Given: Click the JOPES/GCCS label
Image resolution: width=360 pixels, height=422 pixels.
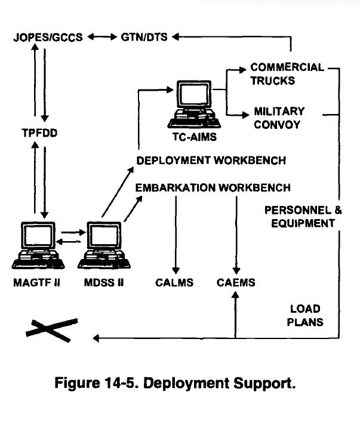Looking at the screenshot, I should (x=49, y=37).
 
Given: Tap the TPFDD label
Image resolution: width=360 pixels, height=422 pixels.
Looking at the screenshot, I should (x=40, y=133).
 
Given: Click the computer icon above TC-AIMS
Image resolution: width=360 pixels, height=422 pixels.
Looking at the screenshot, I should (x=192, y=105).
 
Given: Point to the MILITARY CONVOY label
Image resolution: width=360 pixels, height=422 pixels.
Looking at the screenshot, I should (x=279, y=118).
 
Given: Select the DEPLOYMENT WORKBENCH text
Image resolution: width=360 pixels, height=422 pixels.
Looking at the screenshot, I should (x=211, y=161).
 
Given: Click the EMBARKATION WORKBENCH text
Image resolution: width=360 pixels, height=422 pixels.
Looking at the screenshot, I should (x=213, y=187).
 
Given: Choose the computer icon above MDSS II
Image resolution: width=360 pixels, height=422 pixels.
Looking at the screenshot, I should (x=103, y=245).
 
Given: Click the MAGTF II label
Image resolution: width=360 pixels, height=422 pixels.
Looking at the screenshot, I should (x=37, y=282).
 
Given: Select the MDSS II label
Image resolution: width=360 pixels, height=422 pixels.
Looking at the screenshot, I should (x=104, y=282).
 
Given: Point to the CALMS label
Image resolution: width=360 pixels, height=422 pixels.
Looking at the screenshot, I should (x=174, y=282).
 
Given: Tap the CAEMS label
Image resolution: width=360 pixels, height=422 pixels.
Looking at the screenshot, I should (x=236, y=282).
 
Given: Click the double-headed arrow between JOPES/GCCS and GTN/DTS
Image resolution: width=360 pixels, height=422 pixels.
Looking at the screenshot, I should (x=102, y=37).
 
